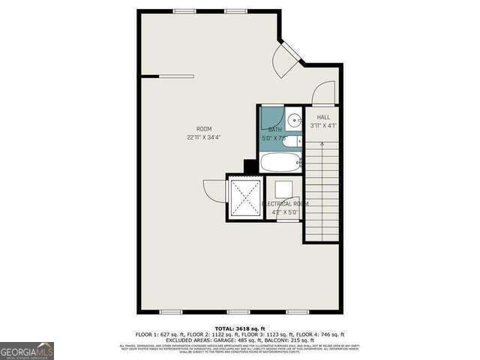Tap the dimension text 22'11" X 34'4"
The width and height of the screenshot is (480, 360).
coord(204,138)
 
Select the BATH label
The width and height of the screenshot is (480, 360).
coord(275,130)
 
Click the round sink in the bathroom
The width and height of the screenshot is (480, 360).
coord(293,118)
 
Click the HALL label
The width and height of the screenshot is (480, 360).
coord(322,117)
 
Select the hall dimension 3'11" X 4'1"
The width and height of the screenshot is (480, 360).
coord(322,126)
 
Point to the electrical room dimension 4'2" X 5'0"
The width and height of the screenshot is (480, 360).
coord(285,212)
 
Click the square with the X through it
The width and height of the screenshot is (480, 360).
coord(245,197)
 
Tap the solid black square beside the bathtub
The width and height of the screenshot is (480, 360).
coord(250,166)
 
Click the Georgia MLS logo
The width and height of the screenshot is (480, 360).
coord(27,351)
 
